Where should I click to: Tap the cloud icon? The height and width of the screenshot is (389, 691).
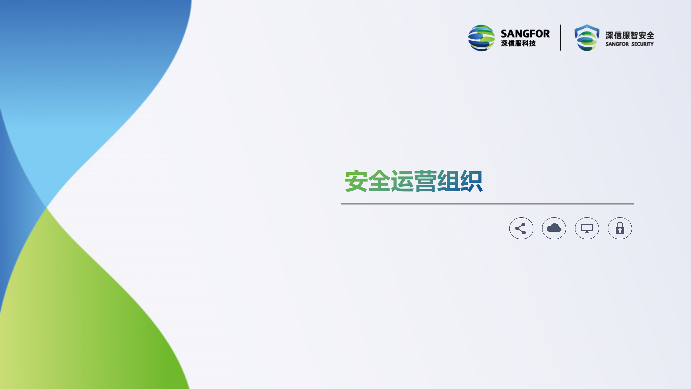[x=554, y=228]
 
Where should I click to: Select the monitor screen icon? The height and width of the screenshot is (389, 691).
[x=587, y=228]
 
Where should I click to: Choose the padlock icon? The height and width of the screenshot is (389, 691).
[x=620, y=228]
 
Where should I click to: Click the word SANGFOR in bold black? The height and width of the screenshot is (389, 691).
[x=525, y=34]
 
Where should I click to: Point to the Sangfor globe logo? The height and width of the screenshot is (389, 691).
[x=482, y=38]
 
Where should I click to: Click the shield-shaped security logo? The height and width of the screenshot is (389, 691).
[x=587, y=38]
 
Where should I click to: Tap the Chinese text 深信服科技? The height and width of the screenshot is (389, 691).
[x=518, y=43]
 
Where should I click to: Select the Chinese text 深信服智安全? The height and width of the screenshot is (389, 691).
[x=629, y=35]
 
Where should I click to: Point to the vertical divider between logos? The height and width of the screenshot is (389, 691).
[x=561, y=38]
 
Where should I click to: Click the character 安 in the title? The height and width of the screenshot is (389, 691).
[x=356, y=181]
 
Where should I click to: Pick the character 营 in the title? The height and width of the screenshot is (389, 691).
[x=425, y=181]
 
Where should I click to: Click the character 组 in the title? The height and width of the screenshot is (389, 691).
[x=448, y=181]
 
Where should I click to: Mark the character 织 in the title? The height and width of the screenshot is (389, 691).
[x=471, y=181]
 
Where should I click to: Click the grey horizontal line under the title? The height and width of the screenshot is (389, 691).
[x=487, y=204]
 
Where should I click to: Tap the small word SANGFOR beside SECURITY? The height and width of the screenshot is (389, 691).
[x=617, y=44]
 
